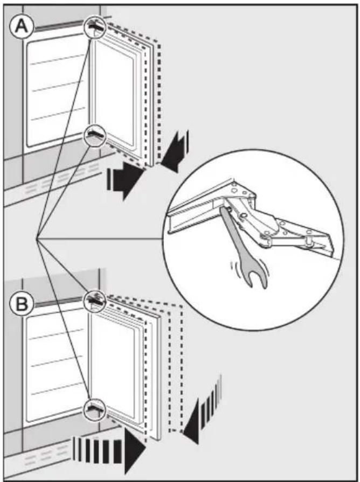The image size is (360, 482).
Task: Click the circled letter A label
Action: (21, 26)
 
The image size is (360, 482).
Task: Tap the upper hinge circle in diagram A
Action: (95, 27)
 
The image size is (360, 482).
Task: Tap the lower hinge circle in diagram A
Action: (95, 135)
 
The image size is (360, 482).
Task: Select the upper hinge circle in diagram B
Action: (95, 301)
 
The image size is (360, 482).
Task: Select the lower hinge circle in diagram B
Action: (95, 409)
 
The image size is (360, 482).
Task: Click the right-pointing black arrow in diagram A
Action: (124, 180)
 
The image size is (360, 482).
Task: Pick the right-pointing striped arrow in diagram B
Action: (109, 451)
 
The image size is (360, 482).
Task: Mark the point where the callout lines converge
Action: (36, 238)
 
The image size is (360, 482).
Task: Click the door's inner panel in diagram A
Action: (114, 92)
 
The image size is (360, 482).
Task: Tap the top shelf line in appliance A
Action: (58, 60)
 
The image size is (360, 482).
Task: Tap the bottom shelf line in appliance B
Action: (58, 390)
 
